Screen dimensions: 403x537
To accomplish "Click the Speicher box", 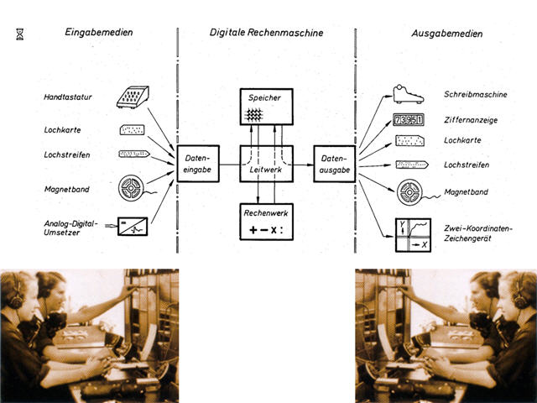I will coord(266,106).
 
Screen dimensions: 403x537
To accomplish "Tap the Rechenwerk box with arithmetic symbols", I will coord(266,221).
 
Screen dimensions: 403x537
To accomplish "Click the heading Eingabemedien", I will coord(98,33).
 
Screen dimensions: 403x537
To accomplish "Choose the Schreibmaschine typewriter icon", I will coord(409,94).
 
